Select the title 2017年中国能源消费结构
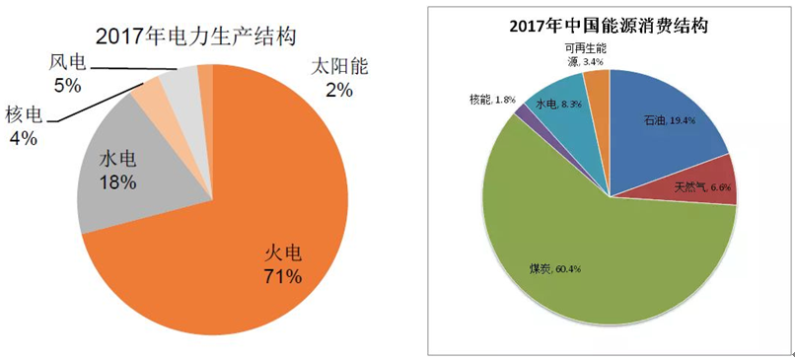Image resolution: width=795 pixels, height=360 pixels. coord(613,25)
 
